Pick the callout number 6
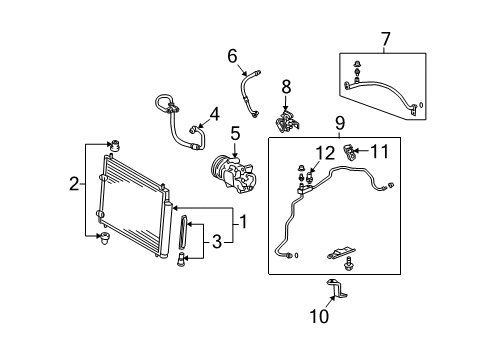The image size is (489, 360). coord(232,57)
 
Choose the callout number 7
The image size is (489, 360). coord(385,39)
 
